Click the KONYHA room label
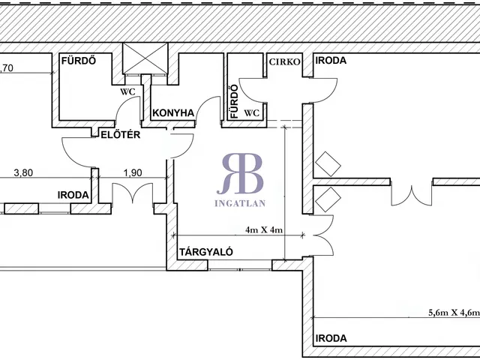pyautogui.click(x=173, y=113)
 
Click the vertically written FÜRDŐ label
pyautogui.click(x=234, y=103)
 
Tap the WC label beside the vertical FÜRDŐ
pyautogui.click(x=252, y=113)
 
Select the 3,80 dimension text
pyautogui.click(x=25, y=172)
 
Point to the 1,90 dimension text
pyautogui.click(x=132, y=172)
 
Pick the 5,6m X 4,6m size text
pyautogui.click(x=453, y=314)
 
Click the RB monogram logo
pyautogui.click(x=241, y=172)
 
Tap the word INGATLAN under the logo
pyautogui.click(x=241, y=202)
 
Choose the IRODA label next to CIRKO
pyautogui.click(x=331, y=61)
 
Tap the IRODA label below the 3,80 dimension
pyautogui.click(x=73, y=195)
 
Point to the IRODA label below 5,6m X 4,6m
pyautogui.click(x=331, y=338)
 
